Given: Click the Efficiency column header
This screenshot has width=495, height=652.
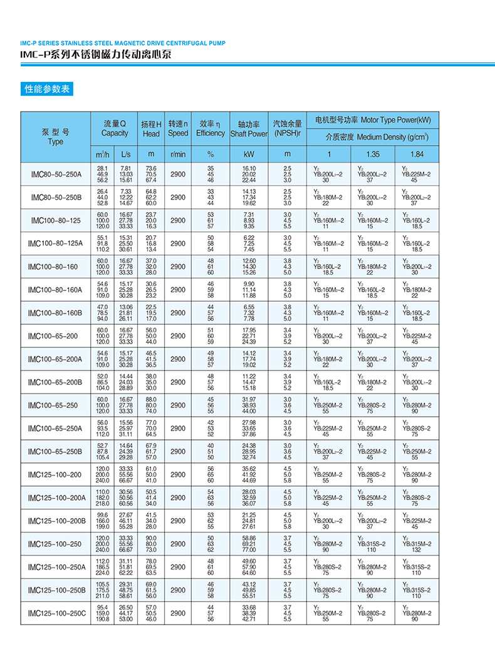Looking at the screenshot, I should (x=210, y=128).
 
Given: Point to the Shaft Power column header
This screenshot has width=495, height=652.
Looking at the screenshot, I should (x=249, y=129).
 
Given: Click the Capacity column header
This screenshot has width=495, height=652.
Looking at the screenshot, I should (x=115, y=128).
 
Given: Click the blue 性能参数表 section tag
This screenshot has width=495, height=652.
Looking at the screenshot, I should (x=46, y=89).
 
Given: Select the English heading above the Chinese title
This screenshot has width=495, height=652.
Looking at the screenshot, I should (x=123, y=43).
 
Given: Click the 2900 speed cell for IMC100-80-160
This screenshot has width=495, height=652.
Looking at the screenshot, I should (x=178, y=267).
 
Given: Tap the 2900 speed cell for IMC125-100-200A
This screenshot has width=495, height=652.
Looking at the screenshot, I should (x=178, y=497).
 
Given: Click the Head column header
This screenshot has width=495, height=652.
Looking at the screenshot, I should (x=151, y=128).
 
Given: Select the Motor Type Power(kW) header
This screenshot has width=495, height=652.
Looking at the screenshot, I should (x=372, y=120).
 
